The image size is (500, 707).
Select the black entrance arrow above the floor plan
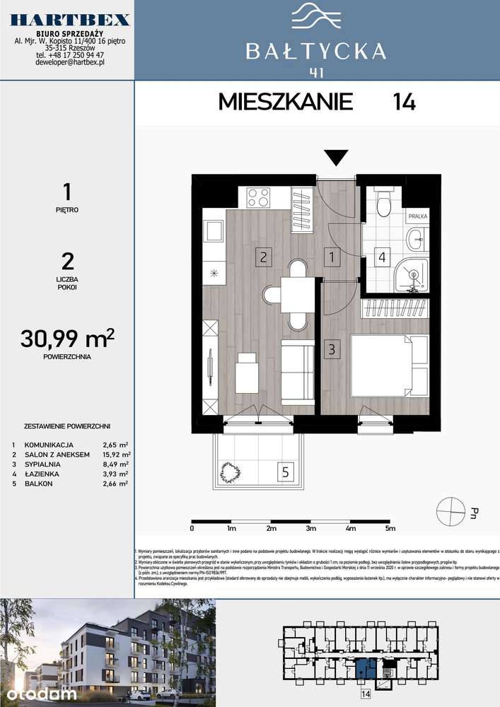pyautogui.click(x=336, y=157)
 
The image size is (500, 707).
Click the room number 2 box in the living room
pyautogui.click(x=262, y=257)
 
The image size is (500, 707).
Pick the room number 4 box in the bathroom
pyautogui.click(x=382, y=257)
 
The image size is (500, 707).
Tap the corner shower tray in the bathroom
pyautogui.click(x=412, y=275)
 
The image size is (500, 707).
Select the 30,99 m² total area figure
pyautogui.click(x=69, y=339)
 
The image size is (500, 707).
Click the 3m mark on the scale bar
pyautogui.click(x=311, y=527)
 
